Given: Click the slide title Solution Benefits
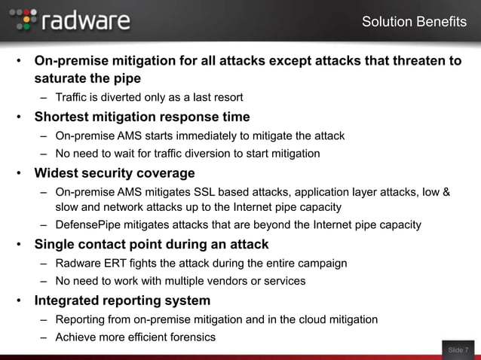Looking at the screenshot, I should [414, 22].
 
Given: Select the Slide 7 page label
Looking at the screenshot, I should [458, 349].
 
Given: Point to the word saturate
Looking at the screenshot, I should [62, 78].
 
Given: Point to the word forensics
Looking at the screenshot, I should [189, 337].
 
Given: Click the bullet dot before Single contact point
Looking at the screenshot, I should [18, 245].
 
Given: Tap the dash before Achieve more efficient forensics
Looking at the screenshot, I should [46, 337].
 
